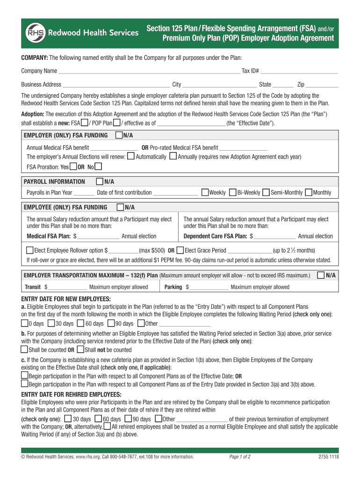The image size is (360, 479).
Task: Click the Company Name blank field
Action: (x=149, y=71)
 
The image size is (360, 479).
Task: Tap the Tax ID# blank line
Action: (x=299, y=71)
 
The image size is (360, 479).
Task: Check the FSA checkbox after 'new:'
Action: (x=84, y=123)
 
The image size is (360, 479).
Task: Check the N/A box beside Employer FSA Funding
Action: (x=119, y=135)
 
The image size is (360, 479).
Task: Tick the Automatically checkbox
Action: (x=131, y=156)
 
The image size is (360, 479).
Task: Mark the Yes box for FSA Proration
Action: (x=73, y=166)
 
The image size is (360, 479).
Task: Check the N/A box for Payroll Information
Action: (x=100, y=181)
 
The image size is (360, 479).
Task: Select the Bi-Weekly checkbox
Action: (x=233, y=192)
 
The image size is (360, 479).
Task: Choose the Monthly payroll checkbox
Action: (x=309, y=192)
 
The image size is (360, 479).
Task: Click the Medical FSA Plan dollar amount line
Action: (x=100, y=236)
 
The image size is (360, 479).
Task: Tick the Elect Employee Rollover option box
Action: (x=30, y=250)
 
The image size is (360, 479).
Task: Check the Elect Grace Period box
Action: (x=180, y=250)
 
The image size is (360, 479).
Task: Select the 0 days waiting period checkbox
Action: (x=24, y=323)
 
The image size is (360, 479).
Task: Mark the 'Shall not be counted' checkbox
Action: (x=80, y=349)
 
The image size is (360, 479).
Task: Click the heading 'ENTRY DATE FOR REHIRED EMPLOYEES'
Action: (x=72, y=395)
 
